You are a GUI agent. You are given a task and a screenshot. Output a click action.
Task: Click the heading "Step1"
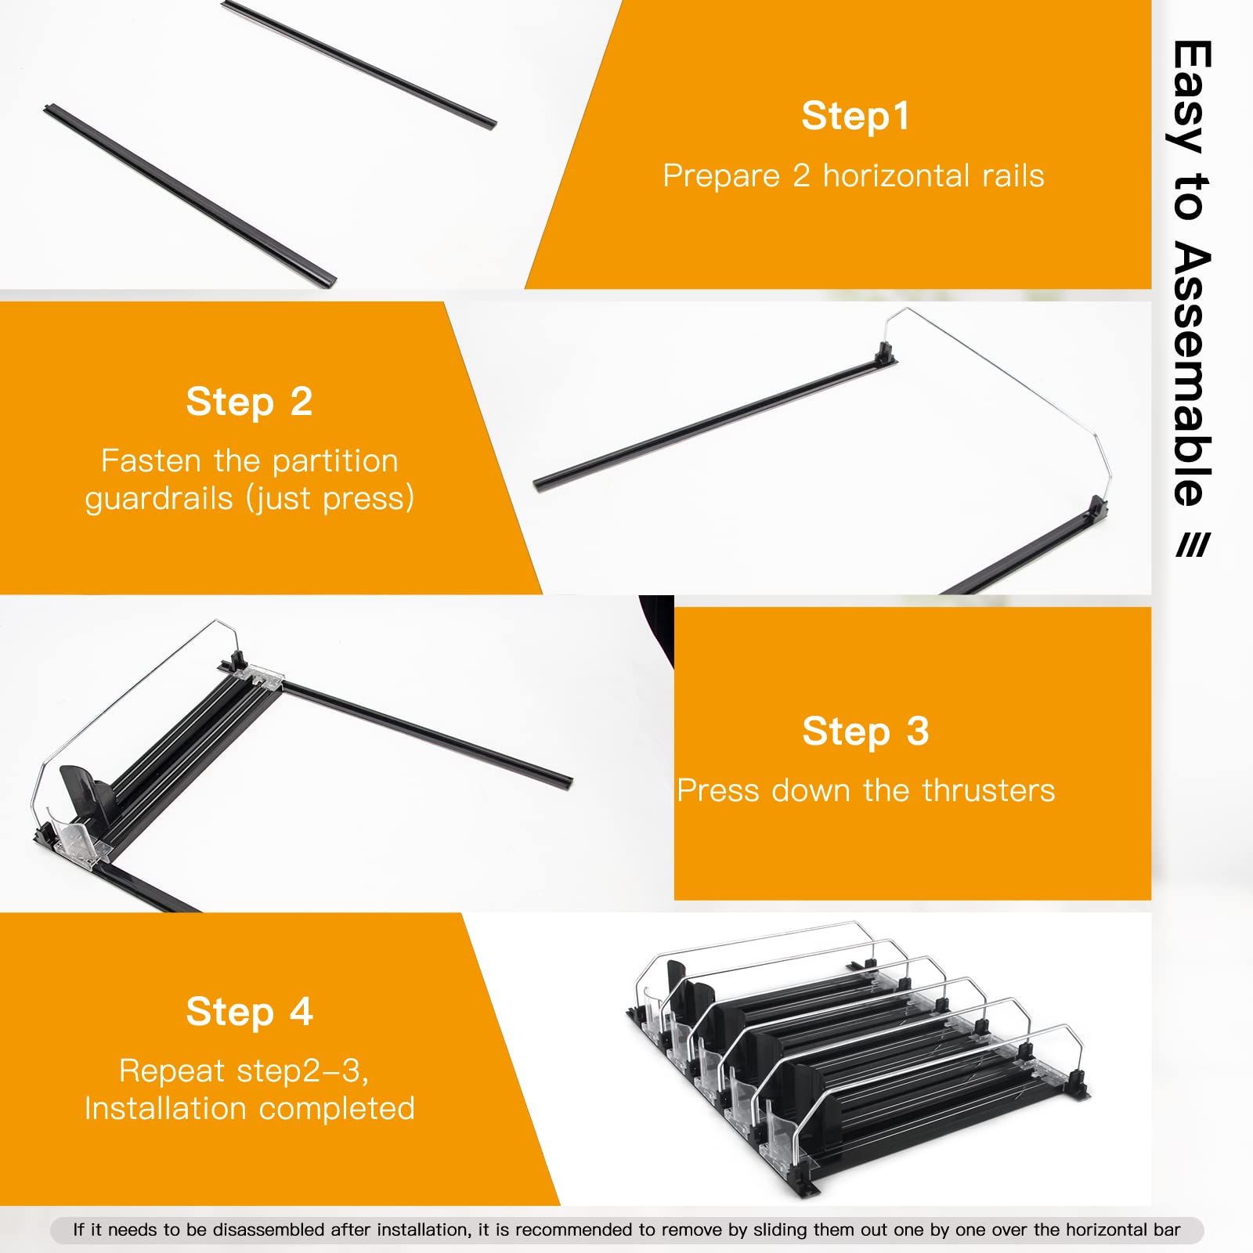[x=855, y=116]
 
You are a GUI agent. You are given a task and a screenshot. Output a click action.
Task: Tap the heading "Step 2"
[x=249, y=402]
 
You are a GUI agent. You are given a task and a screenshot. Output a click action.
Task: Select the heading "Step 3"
[x=865, y=731]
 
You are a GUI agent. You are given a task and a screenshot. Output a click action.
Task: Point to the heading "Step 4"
[x=249, y=1012]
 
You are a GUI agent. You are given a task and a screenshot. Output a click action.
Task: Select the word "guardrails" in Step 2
[x=159, y=499]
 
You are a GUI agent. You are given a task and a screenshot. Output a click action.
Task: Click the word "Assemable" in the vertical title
[x=1192, y=374]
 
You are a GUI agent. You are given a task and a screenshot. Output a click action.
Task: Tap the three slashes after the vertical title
[x=1193, y=545]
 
